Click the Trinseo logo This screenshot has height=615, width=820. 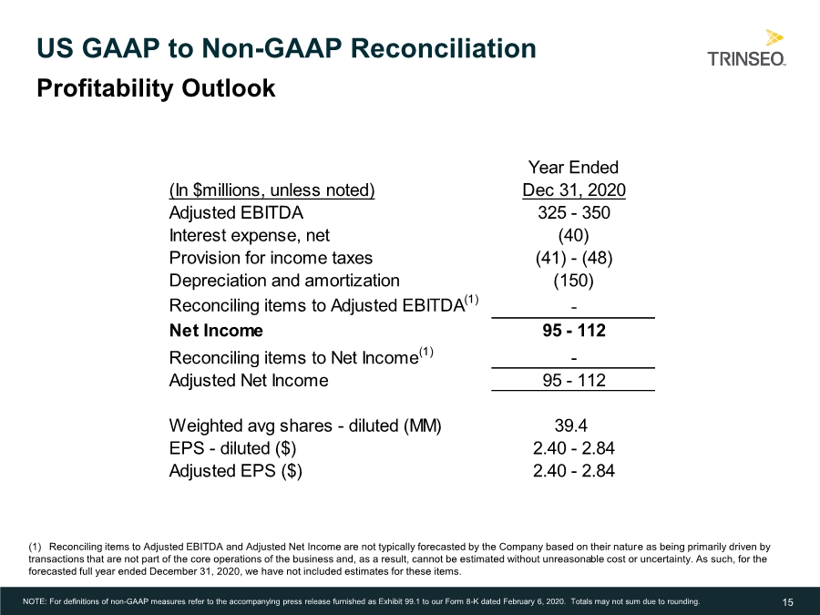point(746,48)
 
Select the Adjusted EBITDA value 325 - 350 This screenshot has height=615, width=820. point(574,213)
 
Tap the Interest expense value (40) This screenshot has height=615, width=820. point(574,235)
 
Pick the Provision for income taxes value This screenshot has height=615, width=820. point(574,258)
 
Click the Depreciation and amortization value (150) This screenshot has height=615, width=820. point(574,281)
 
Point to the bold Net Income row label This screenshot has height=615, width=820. point(216,331)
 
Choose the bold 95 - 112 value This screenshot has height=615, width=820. point(574,331)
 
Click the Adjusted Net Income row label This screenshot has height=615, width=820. point(249,380)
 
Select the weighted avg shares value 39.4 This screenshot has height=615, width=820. point(570,425)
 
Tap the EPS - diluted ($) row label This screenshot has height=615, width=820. point(232,448)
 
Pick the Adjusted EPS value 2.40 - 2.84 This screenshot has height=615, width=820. point(574,471)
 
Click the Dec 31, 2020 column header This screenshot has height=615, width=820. point(574,190)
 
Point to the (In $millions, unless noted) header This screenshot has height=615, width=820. point(272,190)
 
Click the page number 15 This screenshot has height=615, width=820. point(787,602)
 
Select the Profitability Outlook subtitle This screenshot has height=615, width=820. point(156,87)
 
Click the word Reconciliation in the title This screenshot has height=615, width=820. point(444,48)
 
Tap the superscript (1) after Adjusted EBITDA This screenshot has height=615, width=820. point(471,300)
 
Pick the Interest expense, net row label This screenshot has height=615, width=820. point(250,235)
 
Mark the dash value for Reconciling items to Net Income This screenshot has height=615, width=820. point(574,358)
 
